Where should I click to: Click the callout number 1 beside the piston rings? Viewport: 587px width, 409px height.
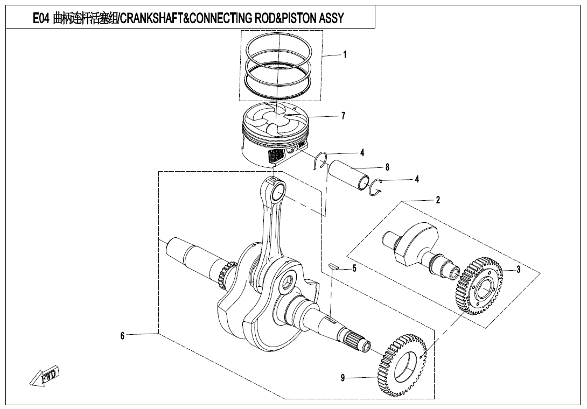[345, 54]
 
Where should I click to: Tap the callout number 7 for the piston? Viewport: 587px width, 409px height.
[343, 116]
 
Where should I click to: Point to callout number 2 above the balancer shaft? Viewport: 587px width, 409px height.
[438, 200]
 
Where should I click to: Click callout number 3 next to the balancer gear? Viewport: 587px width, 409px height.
[518, 270]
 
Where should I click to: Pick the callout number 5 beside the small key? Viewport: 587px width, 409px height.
[354, 269]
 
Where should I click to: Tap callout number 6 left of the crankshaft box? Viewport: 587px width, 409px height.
[122, 335]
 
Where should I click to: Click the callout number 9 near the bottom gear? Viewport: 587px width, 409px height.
[343, 378]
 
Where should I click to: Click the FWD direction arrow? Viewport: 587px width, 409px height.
[45, 376]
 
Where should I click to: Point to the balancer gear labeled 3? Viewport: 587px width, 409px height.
[479, 286]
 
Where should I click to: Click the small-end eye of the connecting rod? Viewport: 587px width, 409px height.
[278, 192]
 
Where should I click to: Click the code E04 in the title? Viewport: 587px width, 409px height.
[41, 19]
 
